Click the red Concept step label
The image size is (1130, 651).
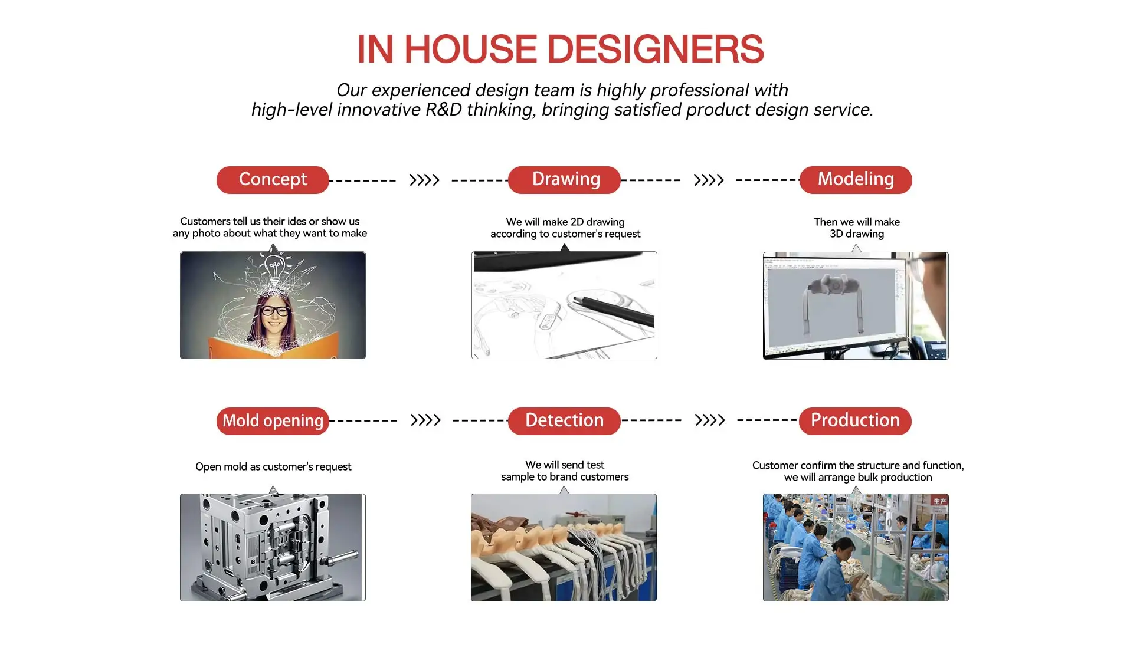tap(273, 180)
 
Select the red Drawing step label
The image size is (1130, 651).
tap(564, 180)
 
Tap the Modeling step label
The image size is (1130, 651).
tap(856, 180)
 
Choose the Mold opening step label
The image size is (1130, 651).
tap(273, 421)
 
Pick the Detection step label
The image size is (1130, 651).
tap(564, 421)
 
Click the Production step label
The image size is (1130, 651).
tap(855, 421)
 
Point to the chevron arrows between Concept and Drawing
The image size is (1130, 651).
tap(424, 180)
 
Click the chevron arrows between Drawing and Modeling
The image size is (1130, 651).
tap(709, 180)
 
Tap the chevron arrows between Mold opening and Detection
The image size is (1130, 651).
tap(425, 420)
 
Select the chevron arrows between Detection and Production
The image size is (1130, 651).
tap(710, 420)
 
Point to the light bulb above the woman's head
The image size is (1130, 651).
tap(274, 268)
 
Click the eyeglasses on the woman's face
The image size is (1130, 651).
tap(275, 311)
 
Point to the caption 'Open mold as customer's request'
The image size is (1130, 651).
tap(273, 466)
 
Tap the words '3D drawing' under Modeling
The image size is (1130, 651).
tap(857, 234)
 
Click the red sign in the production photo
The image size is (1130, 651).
tap(939, 501)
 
